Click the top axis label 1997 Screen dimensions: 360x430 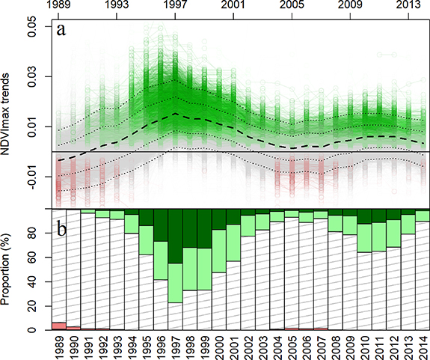point(176,7)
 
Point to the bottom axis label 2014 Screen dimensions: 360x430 point(423,346)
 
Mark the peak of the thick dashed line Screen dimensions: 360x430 point(176,113)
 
